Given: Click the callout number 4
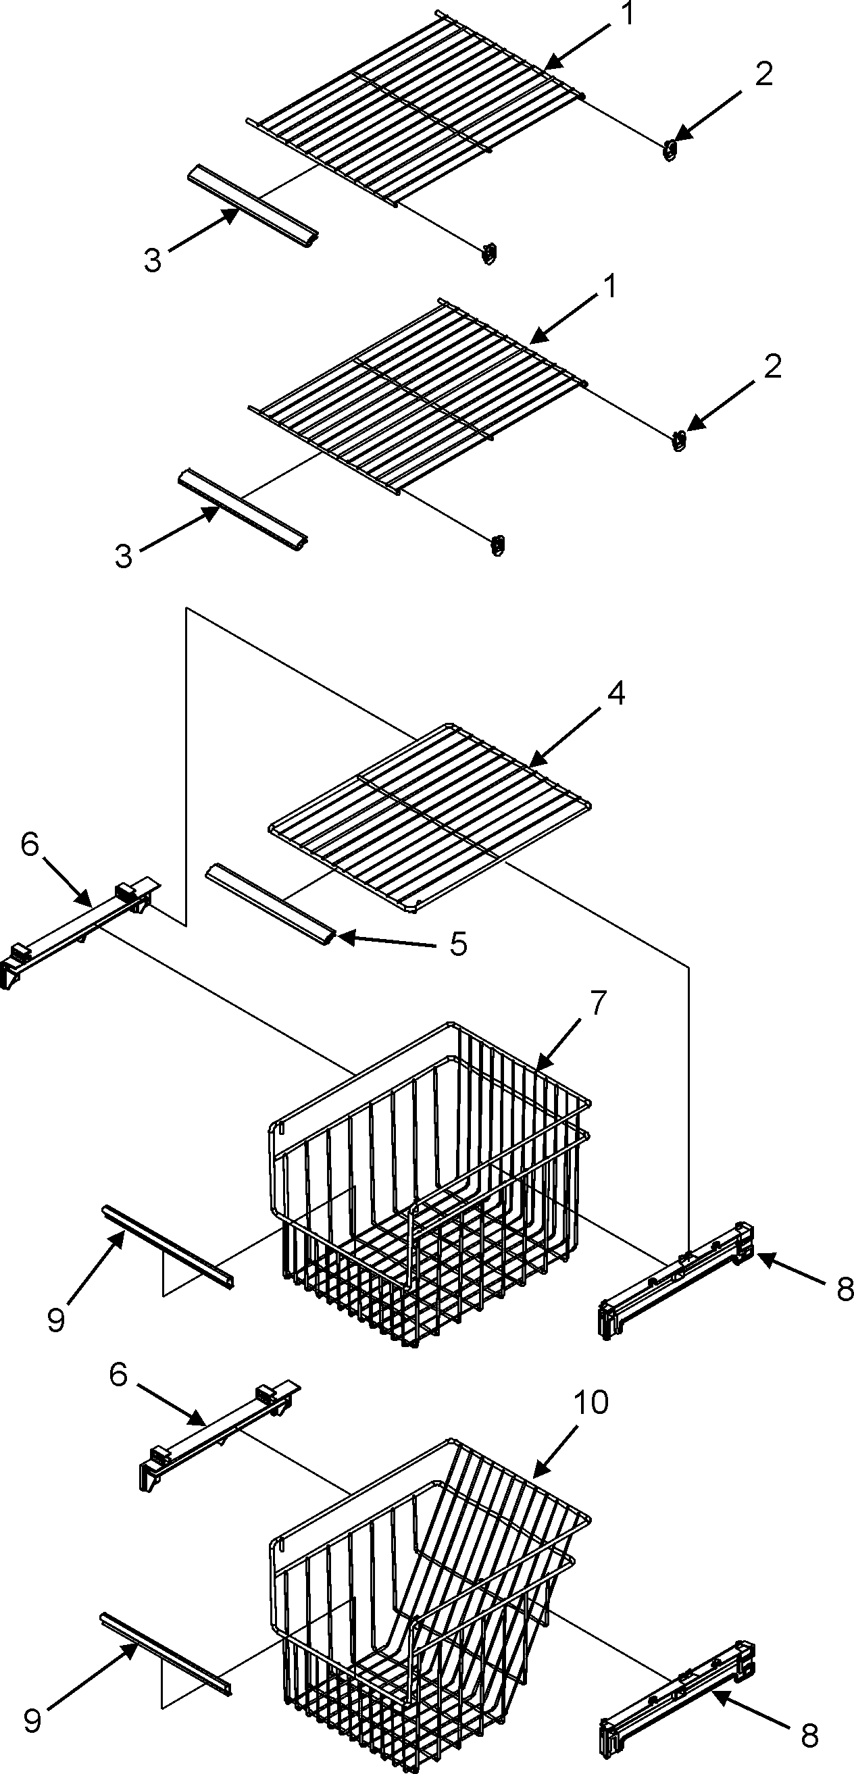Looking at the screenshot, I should coord(616,694).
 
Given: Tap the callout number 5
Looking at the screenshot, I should coord(458,944).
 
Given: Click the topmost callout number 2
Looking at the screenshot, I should coord(763,74).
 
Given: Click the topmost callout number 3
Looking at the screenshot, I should coord(152,261).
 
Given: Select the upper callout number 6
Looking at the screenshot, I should coord(30,844).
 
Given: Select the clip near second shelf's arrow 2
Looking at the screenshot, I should coord(678,439).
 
